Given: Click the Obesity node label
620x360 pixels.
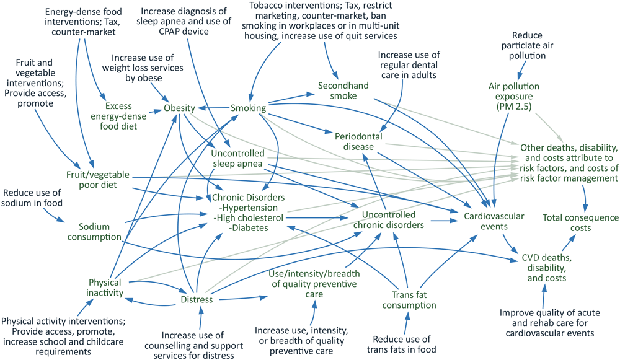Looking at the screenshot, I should tap(179, 109).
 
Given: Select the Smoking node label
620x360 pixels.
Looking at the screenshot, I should tap(248, 108).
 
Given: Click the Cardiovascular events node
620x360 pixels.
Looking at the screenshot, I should tap(494, 221).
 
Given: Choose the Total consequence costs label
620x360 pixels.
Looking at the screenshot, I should tap(580, 222).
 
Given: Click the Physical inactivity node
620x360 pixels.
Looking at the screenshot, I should tap(105, 287).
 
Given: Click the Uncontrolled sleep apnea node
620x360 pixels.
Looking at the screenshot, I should tap(237, 159).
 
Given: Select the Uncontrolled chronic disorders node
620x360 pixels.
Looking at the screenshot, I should tap(388, 220).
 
